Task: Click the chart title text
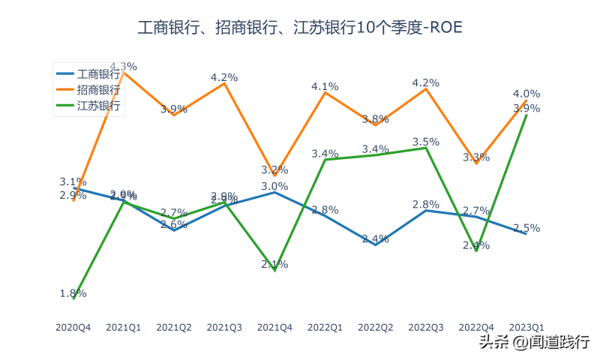[x=300, y=28]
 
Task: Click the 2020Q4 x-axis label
[x=73, y=327]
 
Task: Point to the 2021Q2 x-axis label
[x=174, y=327]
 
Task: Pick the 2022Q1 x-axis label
[x=325, y=327]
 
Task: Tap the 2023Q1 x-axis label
[x=526, y=327]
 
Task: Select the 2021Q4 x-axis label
[x=274, y=327]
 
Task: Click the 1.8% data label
[x=73, y=293]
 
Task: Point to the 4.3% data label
[x=123, y=65]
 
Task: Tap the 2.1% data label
[x=274, y=264]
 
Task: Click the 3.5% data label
[x=426, y=142]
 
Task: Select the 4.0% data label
[x=526, y=94]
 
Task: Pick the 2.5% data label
[x=526, y=228]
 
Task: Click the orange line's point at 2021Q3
[x=224, y=83]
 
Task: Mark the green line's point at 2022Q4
[x=476, y=250]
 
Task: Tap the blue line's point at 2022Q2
[x=375, y=244]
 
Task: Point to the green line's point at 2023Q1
[x=526, y=115]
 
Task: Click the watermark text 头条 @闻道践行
[x=534, y=343]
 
